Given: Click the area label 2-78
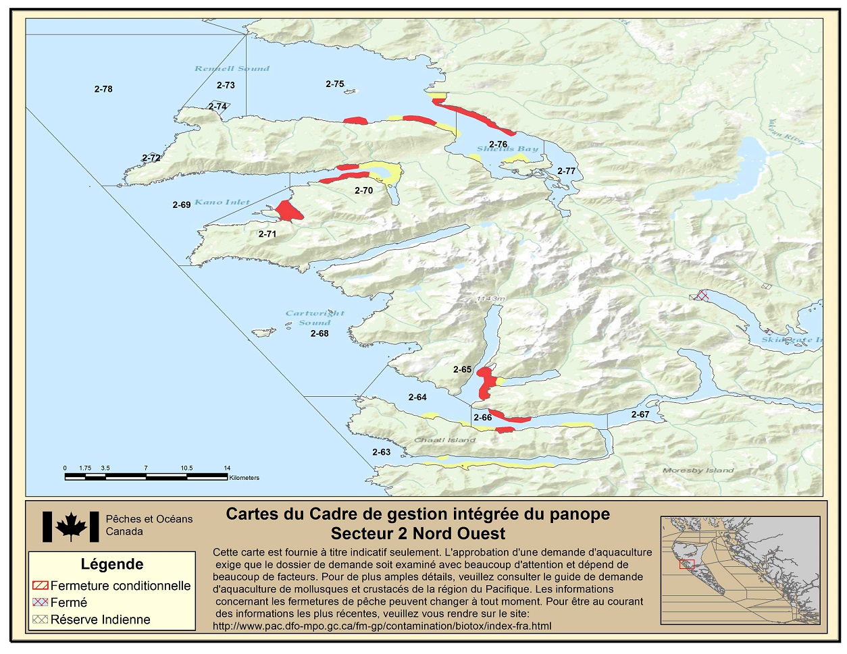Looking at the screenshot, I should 103,89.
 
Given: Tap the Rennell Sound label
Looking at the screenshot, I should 232,68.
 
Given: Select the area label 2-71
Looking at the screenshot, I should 267,234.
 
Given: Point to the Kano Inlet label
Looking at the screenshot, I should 222,202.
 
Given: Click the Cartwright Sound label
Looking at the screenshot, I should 315,317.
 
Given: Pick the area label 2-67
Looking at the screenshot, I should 640,414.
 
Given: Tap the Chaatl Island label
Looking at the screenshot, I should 444,440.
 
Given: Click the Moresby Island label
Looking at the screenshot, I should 698,470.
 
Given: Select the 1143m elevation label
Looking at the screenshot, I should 490,298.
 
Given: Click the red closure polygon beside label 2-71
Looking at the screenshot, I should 288,211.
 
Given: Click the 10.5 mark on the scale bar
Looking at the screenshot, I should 186,468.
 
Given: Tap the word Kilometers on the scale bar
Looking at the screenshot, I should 244,478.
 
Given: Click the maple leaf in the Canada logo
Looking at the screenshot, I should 71,526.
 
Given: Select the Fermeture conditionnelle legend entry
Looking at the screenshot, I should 112,586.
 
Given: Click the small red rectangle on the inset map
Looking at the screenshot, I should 687,564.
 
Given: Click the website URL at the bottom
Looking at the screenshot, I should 382,626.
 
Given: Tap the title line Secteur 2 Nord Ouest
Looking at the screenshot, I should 417,534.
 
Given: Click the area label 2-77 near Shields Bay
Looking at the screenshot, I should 566,171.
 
